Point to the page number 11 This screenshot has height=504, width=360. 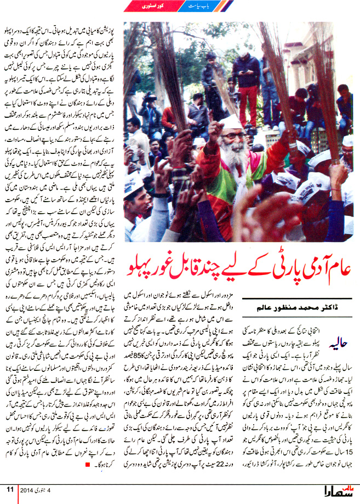point(10,489)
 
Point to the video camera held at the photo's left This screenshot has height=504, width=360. point(147,99)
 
